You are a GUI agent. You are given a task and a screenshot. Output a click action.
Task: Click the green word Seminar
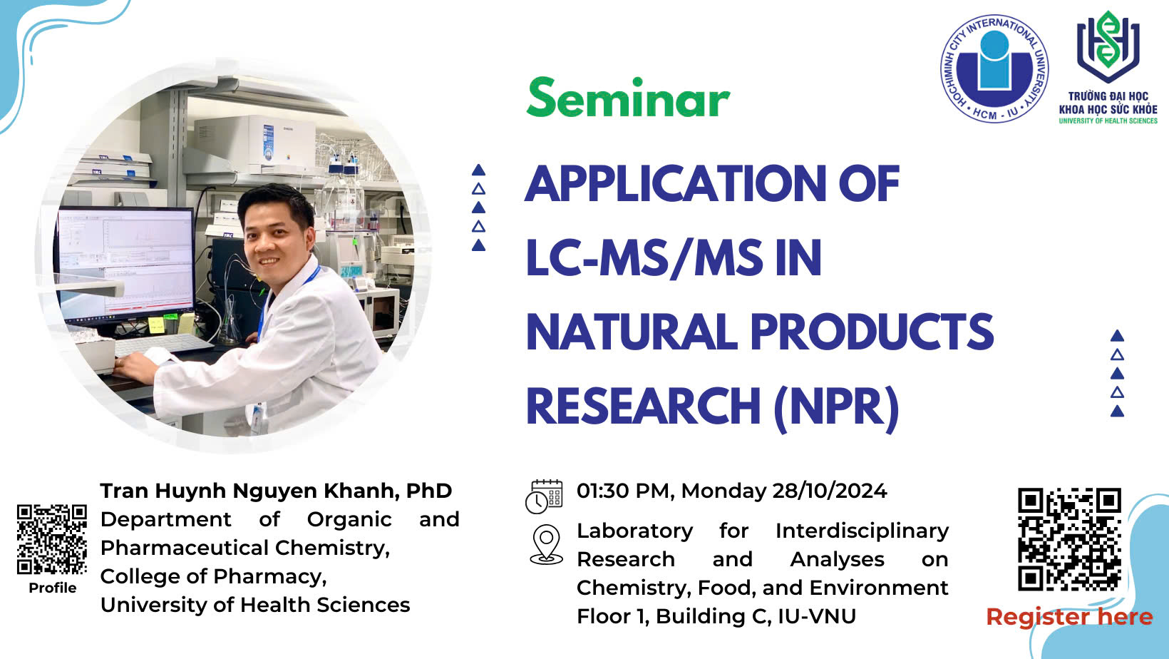[628, 98]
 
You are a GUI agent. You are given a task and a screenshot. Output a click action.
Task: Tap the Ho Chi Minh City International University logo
[994, 68]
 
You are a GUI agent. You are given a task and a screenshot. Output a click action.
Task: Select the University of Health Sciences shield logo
[1108, 46]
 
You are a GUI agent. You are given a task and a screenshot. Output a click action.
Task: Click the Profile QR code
[51, 539]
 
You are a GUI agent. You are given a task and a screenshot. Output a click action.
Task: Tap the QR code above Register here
[1069, 539]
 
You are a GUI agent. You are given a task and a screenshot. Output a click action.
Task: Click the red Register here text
[1069, 617]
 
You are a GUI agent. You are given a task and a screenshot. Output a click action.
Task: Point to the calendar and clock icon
[545, 496]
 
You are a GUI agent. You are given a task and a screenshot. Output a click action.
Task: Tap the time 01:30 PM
[621, 491]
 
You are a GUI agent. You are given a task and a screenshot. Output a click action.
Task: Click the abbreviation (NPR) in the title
[837, 407]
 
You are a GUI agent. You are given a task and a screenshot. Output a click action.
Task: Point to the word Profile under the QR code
[52, 588]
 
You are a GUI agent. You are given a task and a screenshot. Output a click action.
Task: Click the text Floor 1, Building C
[674, 616]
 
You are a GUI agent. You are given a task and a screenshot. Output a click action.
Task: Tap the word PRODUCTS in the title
[872, 332]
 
